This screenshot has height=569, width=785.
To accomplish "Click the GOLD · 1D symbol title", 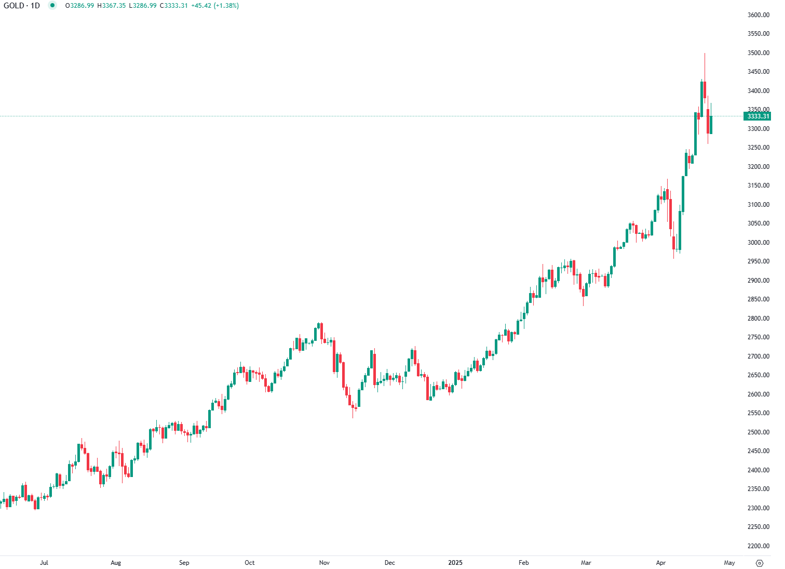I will (22, 6).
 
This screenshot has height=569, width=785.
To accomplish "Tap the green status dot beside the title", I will (52, 6).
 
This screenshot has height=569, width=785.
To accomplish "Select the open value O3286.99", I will (79, 6).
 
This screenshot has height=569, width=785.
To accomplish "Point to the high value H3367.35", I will (111, 6).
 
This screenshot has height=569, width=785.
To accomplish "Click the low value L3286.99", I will (142, 6).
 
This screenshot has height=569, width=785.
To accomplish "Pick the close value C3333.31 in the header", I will (173, 6).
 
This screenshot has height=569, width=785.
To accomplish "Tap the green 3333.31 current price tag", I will (757, 116).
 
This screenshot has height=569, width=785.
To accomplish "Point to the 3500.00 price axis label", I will (758, 53).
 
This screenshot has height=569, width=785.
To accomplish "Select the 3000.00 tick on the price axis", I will (758, 243).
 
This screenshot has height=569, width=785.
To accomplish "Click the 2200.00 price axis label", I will (758, 546).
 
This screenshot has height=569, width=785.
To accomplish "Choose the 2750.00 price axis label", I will (758, 337).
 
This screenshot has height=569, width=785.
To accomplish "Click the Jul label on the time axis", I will (44, 563).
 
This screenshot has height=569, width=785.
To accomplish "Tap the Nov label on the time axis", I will (324, 563).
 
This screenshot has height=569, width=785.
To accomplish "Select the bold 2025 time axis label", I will (455, 563).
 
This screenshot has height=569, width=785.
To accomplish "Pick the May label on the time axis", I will (729, 563).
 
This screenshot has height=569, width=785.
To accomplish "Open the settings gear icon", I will (760, 563).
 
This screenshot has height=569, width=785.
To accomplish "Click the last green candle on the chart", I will (711, 125).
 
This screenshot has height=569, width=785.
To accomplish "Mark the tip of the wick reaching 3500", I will (705, 54).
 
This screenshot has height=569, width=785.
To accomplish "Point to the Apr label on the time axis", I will (661, 563).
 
